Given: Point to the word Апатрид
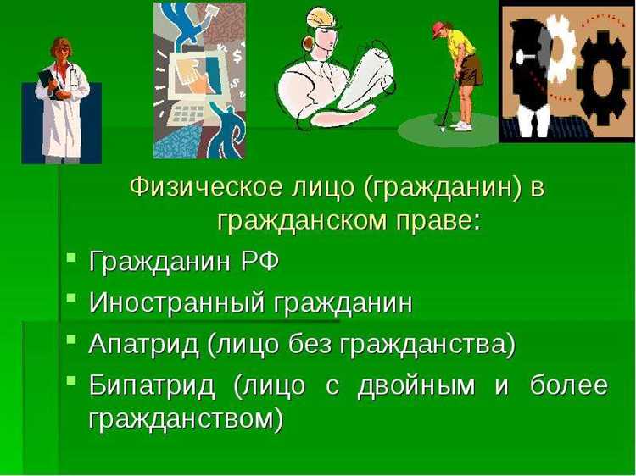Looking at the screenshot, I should [145, 344].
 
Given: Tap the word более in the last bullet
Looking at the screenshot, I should [568, 385].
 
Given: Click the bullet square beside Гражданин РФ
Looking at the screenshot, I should [72, 257].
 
